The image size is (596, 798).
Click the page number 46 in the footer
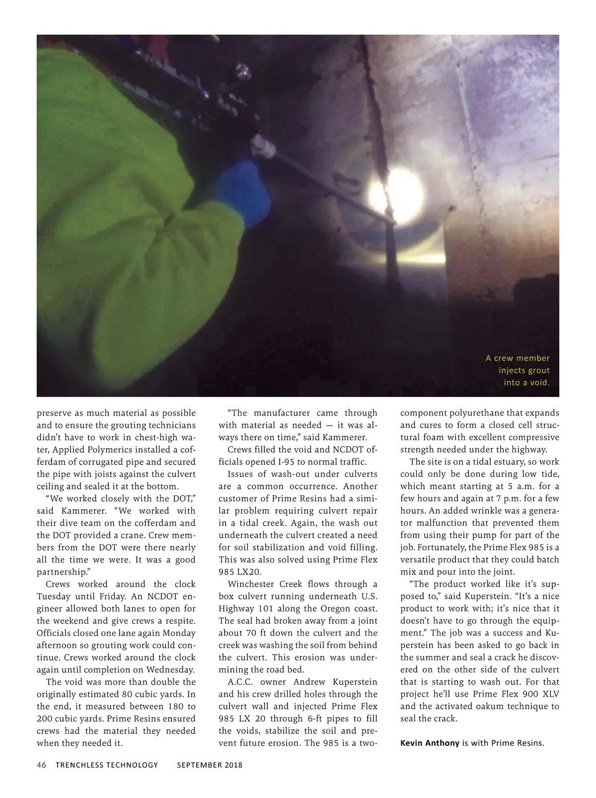click(41, 765)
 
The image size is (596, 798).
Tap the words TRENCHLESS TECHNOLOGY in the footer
click(107, 765)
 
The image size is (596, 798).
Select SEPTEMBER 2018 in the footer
click(210, 765)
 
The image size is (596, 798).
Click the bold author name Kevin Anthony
click(430, 743)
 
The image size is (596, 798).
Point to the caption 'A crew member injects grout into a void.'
click(518, 370)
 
